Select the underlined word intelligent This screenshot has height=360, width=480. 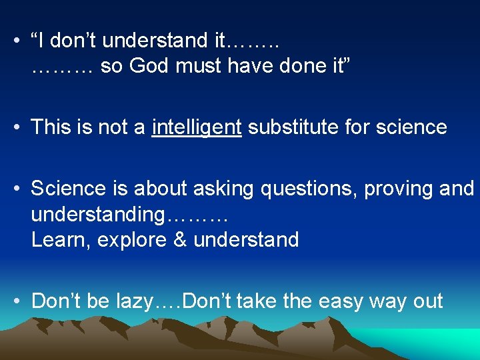(197, 127)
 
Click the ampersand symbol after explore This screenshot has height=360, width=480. (180, 239)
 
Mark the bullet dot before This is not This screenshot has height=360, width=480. (15, 127)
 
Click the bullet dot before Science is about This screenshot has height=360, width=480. (15, 189)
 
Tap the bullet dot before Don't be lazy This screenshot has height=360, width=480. (15, 301)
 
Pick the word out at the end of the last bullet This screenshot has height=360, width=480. (427, 301)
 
